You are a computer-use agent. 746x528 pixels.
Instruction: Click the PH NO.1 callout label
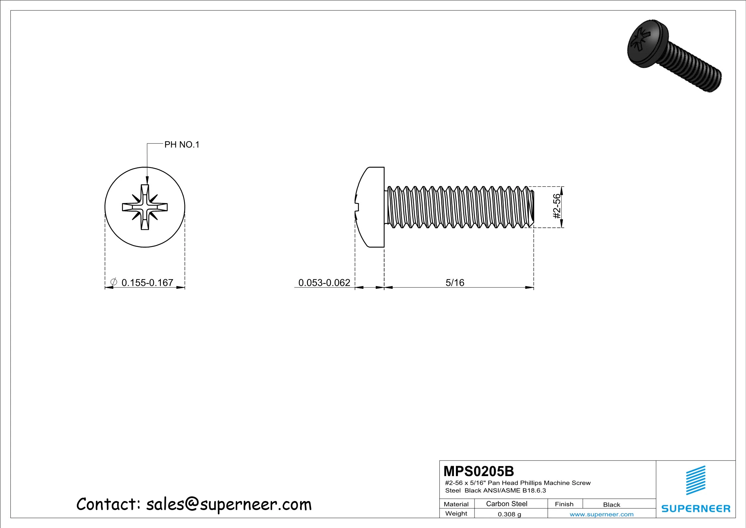pos(182,145)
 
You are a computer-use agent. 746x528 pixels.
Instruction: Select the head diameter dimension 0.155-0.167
pos(147,283)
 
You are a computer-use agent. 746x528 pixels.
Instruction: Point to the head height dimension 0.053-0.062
pos(324,283)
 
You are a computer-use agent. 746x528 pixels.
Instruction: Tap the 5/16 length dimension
pos(455,283)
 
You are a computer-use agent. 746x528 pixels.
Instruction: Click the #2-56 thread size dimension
pos(557,206)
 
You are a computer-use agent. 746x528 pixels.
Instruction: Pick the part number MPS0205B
pos(479,471)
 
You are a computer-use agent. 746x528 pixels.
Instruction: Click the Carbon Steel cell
pos(506,504)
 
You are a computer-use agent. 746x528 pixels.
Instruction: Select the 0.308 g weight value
pos(509,514)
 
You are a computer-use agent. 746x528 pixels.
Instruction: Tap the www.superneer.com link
pos(601,514)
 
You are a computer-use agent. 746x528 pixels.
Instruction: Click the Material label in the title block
pos(456,504)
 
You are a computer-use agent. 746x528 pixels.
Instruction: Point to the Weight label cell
pos(456,514)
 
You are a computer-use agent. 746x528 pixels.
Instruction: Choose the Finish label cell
pos(564,504)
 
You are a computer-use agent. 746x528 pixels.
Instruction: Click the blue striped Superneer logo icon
pos(695,480)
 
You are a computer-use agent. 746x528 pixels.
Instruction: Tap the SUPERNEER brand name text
pos(695,509)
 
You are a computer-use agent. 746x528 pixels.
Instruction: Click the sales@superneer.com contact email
pos(229,504)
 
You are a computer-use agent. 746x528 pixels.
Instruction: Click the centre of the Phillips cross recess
pos(145,207)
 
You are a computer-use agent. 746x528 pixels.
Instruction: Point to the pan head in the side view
pos(371,207)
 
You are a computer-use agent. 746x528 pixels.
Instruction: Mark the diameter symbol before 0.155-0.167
pos(113,282)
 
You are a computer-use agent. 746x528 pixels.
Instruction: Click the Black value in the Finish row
pos(611,505)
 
